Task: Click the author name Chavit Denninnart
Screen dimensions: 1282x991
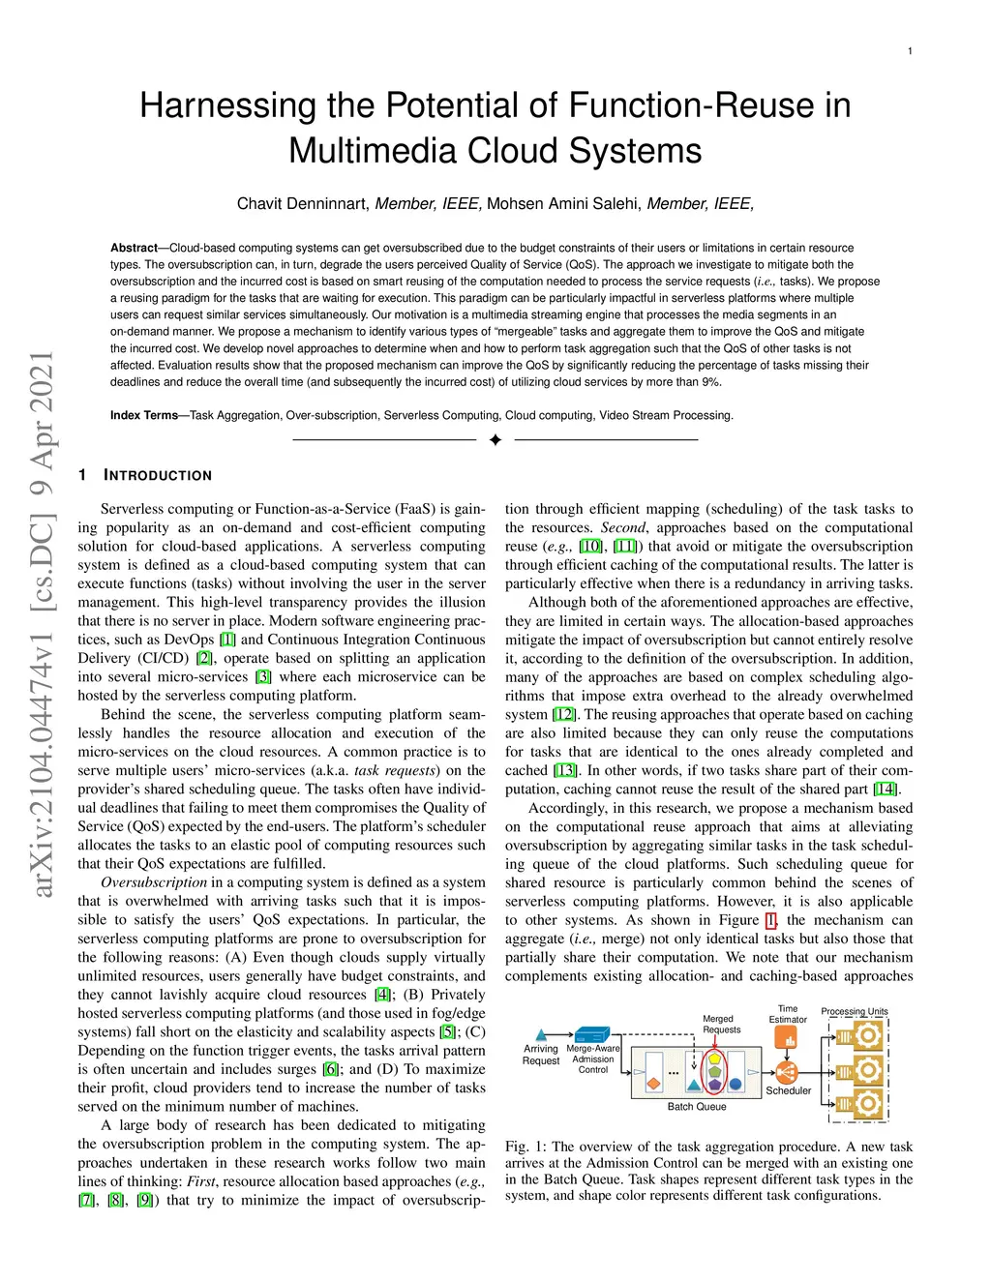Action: pyautogui.click(x=302, y=203)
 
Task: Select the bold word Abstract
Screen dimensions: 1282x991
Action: pyautogui.click(x=134, y=248)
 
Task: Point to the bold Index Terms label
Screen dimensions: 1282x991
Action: pyautogui.click(x=144, y=415)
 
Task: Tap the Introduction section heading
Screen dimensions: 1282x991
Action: pyautogui.click(x=158, y=476)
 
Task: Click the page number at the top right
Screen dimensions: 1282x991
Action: pyautogui.click(x=910, y=51)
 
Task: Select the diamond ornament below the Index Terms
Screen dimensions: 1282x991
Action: pyautogui.click(x=495, y=440)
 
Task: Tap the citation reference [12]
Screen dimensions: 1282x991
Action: pyautogui.click(x=564, y=715)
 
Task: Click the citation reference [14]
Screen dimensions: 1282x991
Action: pyautogui.click(x=886, y=790)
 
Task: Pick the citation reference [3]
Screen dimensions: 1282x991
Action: pyautogui.click(x=262, y=677)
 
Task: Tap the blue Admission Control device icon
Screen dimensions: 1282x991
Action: pyautogui.click(x=591, y=1034)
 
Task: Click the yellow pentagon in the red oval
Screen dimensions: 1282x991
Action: pyautogui.click(x=715, y=1058)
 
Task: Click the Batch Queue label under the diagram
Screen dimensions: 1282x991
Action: pyautogui.click(x=697, y=1107)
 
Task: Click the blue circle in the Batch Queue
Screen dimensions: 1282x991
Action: pyautogui.click(x=736, y=1084)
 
